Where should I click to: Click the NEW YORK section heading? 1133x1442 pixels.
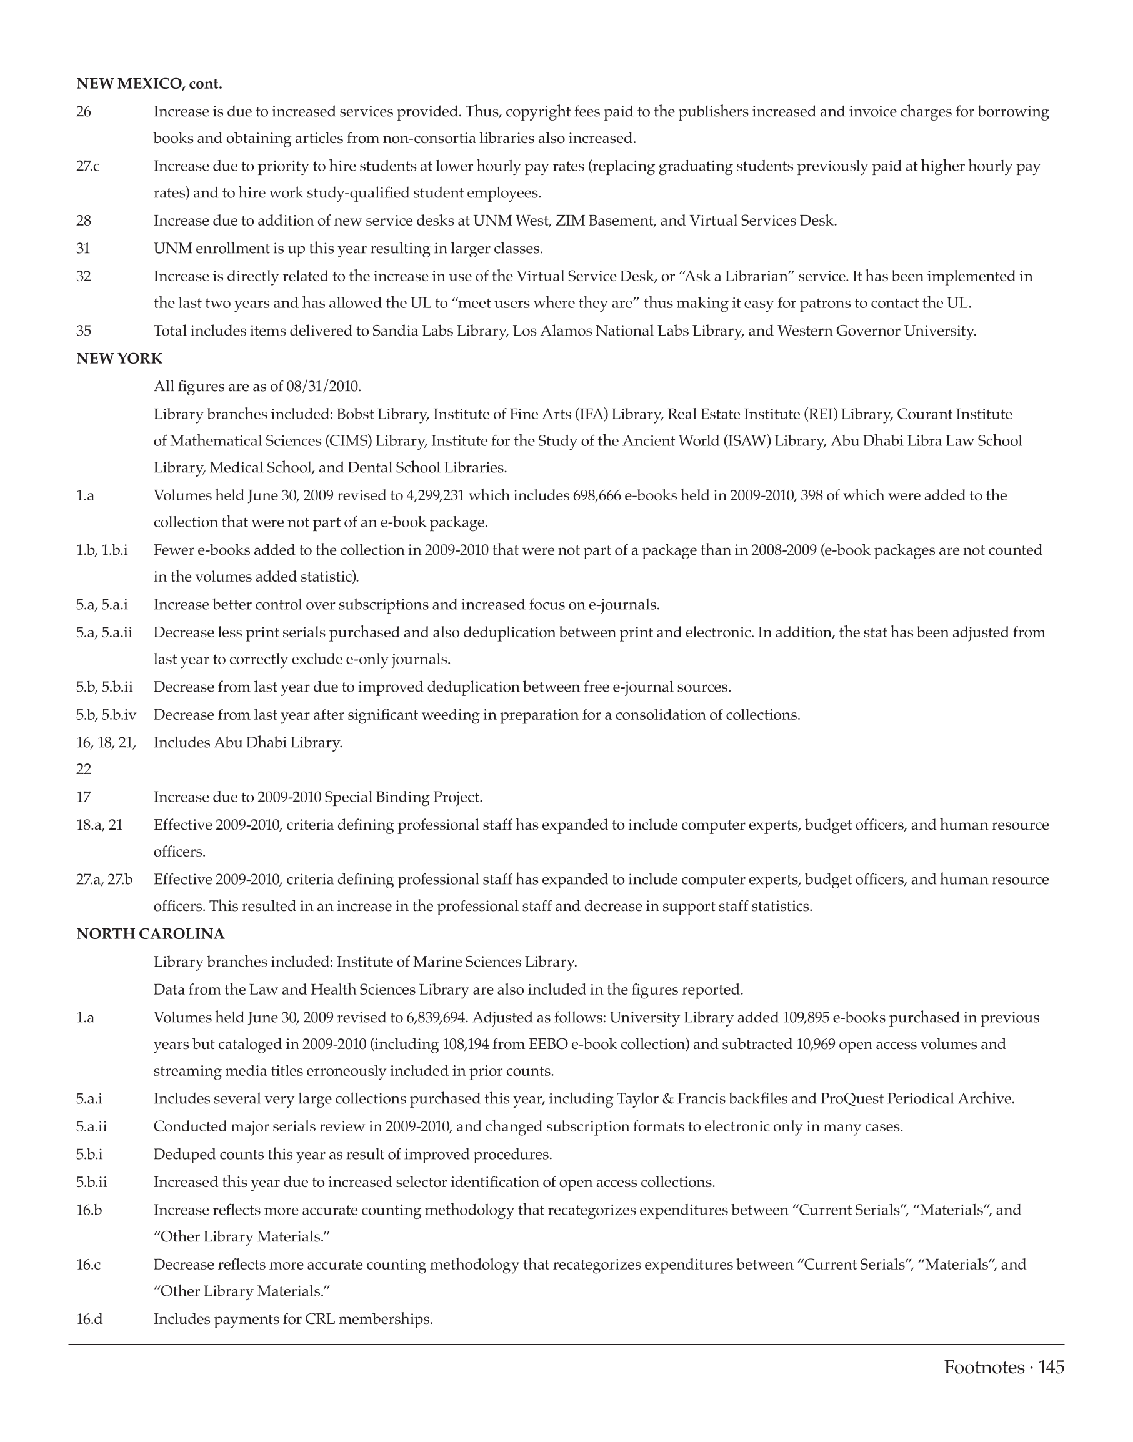pyautogui.click(x=119, y=359)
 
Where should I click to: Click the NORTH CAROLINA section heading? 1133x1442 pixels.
pyautogui.click(x=151, y=934)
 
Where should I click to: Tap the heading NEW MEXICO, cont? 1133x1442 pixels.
pyautogui.click(x=149, y=84)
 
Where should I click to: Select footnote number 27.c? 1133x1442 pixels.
pyautogui.click(x=88, y=166)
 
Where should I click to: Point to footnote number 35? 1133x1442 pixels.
pyautogui.click(x=84, y=331)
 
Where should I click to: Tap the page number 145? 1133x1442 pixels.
pyautogui.click(x=1051, y=1367)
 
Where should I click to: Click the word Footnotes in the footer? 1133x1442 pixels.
pyautogui.click(x=984, y=1367)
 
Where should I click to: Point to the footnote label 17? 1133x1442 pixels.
pyautogui.click(x=84, y=797)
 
